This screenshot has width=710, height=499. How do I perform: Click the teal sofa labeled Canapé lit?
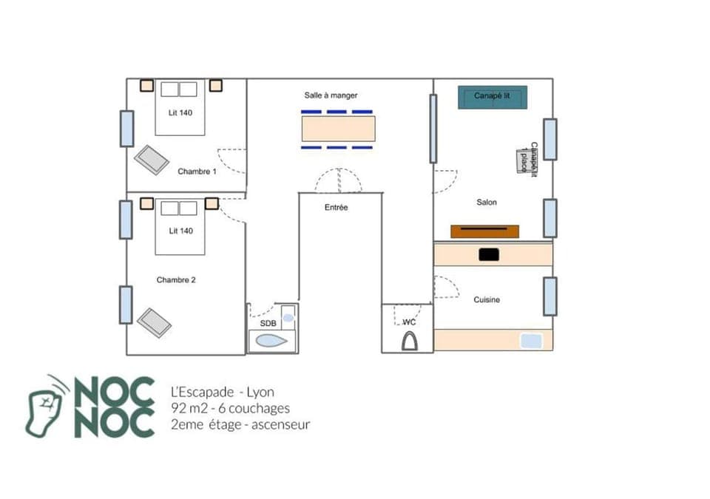point(493,97)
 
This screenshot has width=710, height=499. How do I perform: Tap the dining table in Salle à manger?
point(338,129)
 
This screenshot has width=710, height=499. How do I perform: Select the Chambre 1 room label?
point(197,172)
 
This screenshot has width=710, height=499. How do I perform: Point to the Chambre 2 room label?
point(176,280)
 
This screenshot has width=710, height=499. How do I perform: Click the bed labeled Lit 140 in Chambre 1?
point(180,109)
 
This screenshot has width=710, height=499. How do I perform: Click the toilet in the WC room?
point(409,341)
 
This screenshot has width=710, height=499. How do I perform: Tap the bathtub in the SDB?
point(269,341)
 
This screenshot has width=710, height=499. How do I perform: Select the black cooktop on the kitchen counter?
point(489,254)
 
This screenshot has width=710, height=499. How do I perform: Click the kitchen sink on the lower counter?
point(531,341)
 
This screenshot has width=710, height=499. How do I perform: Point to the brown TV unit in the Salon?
point(484,231)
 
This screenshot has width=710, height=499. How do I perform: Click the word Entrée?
point(336,208)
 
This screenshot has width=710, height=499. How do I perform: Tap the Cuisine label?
point(487,299)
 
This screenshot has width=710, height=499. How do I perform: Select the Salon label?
point(487,202)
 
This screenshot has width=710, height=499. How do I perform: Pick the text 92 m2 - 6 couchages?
point(230,408)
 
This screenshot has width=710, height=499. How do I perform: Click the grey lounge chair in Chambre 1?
point(152,160)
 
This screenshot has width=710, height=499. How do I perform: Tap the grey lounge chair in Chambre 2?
point(155,322)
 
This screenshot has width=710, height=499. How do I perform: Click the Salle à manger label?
point(331,95)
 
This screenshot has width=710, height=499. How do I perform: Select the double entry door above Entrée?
point(339,181)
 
